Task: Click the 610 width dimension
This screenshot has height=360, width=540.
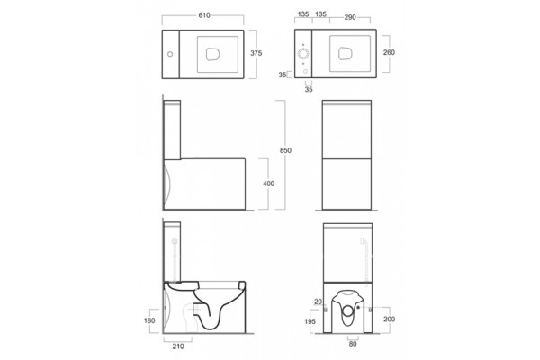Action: tap(204, 15)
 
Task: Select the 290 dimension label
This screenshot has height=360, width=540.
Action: tap(350, 17)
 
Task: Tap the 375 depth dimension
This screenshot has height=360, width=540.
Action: tap(256, 53)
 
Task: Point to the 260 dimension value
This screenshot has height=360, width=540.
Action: tap(389, 52)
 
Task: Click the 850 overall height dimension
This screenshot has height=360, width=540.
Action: tap(285, 150)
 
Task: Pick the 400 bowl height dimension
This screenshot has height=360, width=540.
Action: tap(268, 184)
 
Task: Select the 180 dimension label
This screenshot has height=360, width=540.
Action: tap(149, 320)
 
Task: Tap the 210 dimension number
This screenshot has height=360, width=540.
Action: tap(178, 346)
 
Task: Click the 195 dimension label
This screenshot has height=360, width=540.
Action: tap(310, 321)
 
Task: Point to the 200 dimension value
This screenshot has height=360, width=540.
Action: tap(389, 319)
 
